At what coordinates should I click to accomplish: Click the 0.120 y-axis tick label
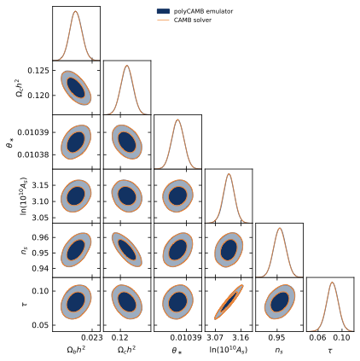38,96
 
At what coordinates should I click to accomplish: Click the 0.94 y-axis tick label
40,268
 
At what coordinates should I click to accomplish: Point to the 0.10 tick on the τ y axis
40,291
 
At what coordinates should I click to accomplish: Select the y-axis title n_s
20,248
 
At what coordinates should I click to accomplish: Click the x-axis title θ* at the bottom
177,351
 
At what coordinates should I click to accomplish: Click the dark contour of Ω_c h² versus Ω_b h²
76,88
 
